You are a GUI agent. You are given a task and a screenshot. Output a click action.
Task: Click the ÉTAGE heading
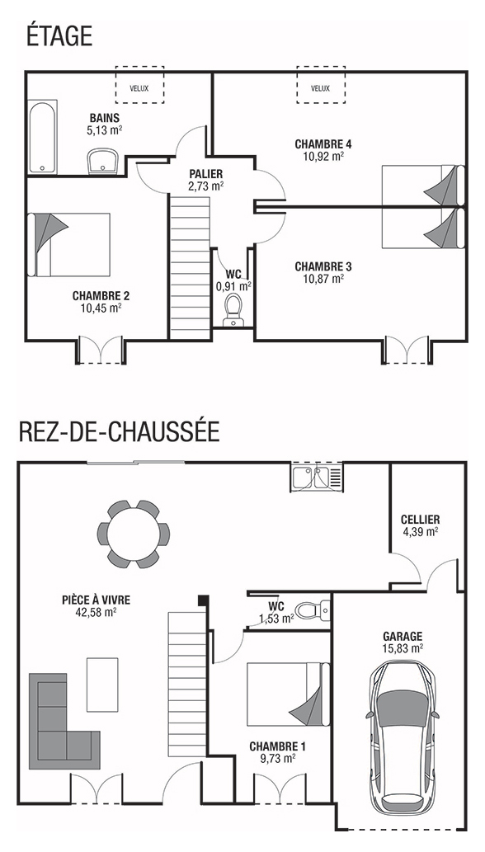[59, 36]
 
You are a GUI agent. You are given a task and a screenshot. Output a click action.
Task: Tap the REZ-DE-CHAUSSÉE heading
[119, 431]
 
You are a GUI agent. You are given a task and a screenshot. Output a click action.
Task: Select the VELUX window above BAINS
[139, 85]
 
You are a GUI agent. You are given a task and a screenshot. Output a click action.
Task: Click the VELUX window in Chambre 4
[320, 85]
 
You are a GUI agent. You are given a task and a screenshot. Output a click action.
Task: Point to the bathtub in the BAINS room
[42, 136]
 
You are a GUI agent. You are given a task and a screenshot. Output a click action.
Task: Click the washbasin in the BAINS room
[102, 162]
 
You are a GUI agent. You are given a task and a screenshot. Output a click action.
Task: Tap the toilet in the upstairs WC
[233, 310]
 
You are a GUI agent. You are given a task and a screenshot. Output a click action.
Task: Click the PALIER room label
[206, 174]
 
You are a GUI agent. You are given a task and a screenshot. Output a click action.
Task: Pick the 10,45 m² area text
[101, 308]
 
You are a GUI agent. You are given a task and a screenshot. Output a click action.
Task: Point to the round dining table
[134, 534]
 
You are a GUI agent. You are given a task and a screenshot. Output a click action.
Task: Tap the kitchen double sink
[318, 478]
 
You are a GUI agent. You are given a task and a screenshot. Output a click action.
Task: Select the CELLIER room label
[421, 520]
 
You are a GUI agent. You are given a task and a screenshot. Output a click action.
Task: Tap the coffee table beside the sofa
[102, 685]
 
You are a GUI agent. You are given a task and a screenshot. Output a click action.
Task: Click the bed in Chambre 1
[288, 694]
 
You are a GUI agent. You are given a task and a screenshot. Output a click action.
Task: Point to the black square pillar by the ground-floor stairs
[203, 600]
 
